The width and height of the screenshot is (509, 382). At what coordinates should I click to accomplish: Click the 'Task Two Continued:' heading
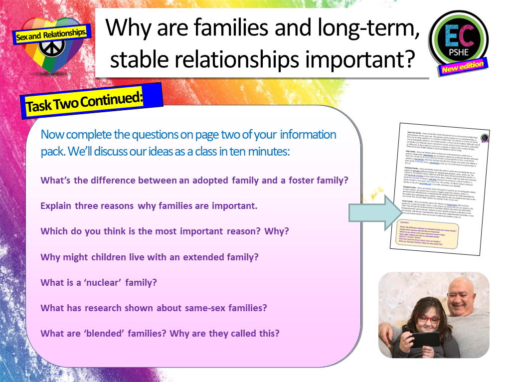(84, 103)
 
